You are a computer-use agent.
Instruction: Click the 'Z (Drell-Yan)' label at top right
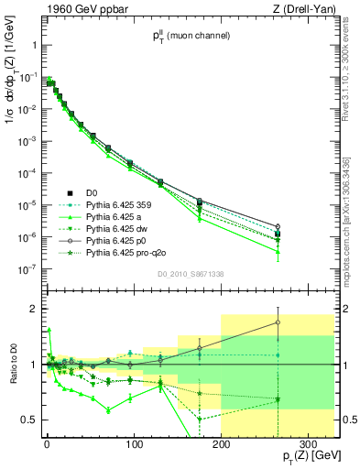point(305,9)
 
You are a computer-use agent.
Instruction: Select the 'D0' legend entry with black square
point(91,192)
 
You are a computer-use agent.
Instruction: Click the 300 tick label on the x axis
point(308,446)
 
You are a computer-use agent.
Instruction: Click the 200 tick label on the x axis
point(221,446)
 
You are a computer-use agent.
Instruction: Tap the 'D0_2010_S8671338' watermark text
point(190,275)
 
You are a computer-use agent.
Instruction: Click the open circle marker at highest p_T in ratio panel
point(278,322)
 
